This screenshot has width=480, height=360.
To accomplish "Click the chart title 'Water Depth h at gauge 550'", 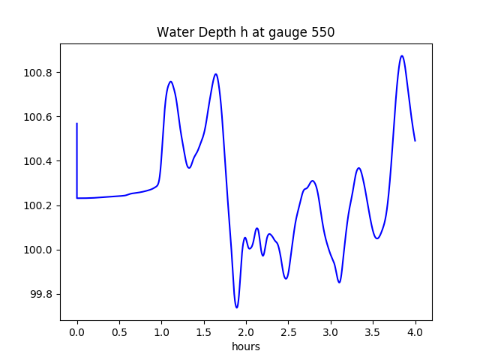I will tap(245, 32).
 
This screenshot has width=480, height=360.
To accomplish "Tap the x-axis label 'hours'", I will tap(246, 347).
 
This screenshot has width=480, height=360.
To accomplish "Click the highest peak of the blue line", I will tap(402, 55).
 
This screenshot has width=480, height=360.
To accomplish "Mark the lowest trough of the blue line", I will tap(236, 307).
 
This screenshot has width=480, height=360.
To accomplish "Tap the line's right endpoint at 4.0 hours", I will tap(415, 141).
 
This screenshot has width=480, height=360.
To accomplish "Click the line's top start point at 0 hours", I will tap(77, 124).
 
